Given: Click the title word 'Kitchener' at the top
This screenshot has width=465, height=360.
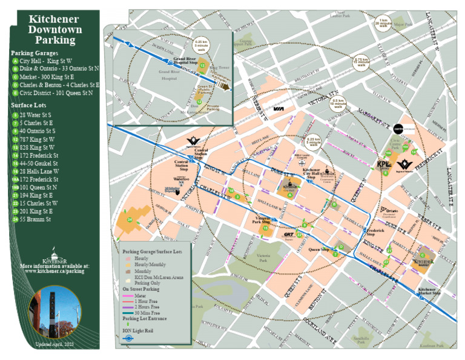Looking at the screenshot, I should [x=54, y=19].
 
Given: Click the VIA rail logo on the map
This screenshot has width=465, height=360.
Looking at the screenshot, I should [x=279, y=108].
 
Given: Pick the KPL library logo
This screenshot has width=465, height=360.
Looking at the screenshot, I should [x=384, y=164].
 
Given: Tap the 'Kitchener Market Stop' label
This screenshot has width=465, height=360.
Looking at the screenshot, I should [x=427, y=292].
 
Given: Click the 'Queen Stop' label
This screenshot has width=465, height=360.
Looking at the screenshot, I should [x=318, y=249].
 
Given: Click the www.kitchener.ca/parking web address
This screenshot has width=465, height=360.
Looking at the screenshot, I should [x=54, y=271].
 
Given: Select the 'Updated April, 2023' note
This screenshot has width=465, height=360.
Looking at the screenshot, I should [x=54, y=344].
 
